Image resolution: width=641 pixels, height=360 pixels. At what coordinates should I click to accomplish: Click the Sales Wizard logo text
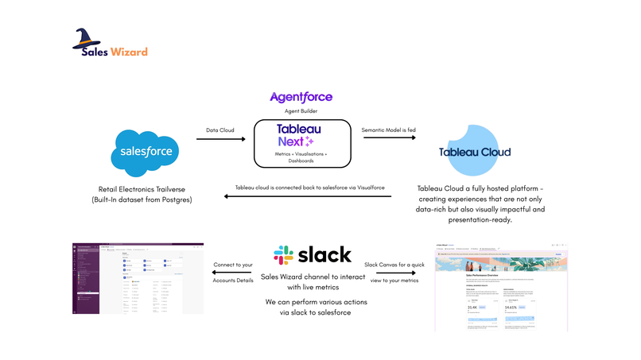pos(115,52)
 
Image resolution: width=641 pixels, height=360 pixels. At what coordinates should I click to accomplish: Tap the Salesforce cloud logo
pos(146,150)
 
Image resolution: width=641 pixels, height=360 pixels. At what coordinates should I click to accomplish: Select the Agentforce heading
pos(301,97)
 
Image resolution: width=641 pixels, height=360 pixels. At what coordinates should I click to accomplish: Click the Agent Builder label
pos(301,110)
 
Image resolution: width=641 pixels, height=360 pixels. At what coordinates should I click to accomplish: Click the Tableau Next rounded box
pos(301,143)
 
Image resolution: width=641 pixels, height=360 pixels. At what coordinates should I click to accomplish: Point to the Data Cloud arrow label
pos(220,129)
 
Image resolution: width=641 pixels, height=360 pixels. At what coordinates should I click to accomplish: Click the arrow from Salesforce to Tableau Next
pos(220,139)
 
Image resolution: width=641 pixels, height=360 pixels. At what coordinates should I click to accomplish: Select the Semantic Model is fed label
pos(390,129)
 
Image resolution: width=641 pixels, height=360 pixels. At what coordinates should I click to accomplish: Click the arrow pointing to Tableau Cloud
pos(390,139)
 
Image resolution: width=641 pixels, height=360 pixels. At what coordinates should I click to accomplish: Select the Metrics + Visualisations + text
pos(301,152)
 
